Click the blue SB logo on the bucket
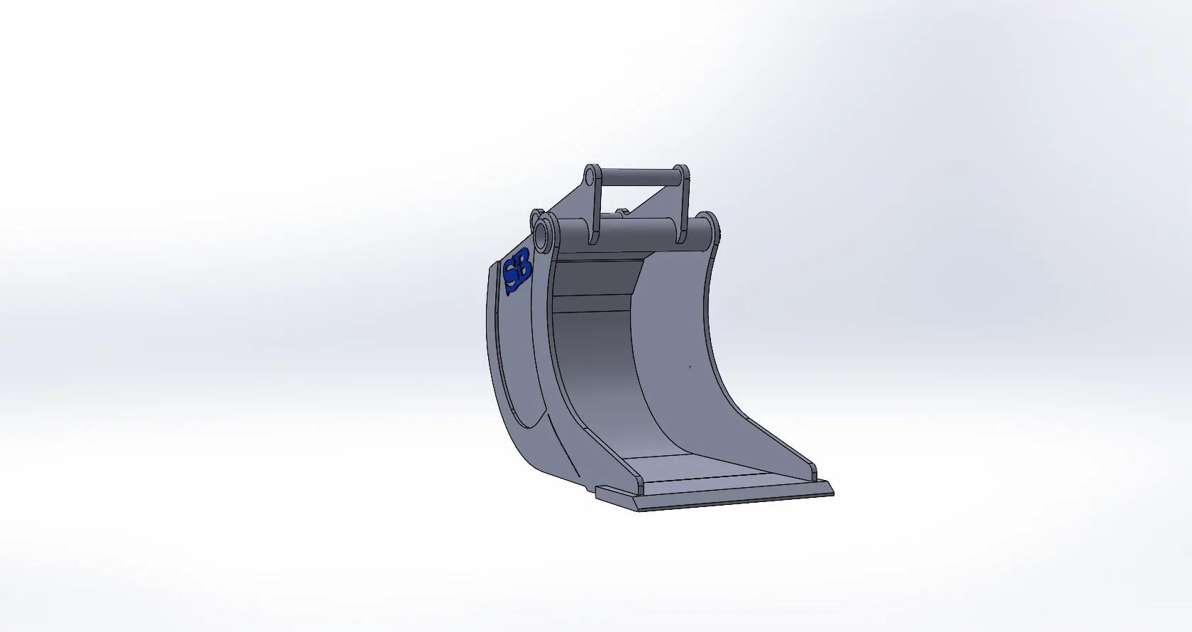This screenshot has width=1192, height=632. [517, 271]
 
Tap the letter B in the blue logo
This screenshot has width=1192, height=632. [524, 266]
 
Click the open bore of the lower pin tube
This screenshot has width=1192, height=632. [543, 239]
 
